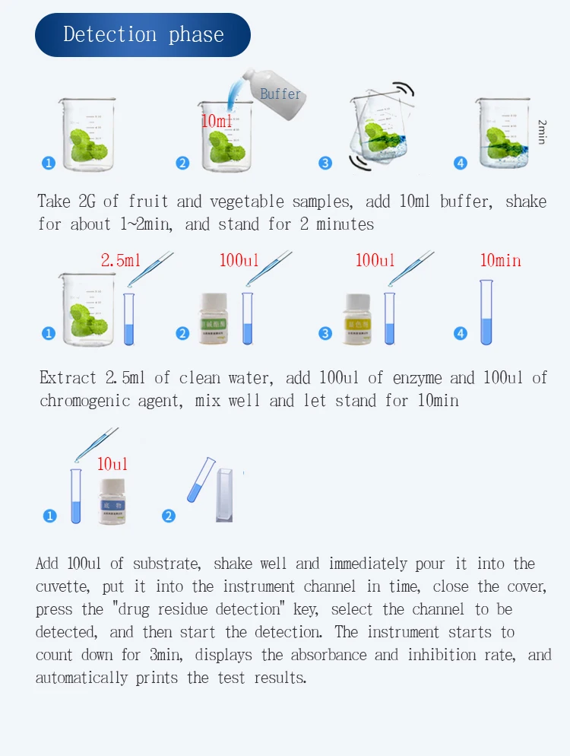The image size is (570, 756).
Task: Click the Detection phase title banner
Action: (x=143, y=35)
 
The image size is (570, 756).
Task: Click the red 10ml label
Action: (x=217, y=121)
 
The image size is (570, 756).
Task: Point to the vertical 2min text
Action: (x=542, y=132)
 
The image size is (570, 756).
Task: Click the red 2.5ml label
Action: (x=121, y=261)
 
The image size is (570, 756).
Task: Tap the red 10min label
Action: (x=500, y=261)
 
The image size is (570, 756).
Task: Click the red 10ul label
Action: (x=112, y=464)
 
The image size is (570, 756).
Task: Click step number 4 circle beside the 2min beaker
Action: (x=461, y=163)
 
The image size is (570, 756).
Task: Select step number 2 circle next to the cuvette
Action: (x=169, y=516)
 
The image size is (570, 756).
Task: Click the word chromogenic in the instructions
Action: (x=84, y=401)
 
